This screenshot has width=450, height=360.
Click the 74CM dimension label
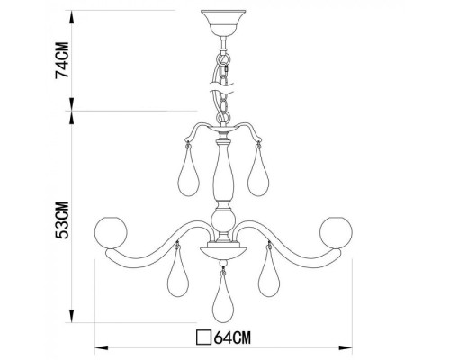click(x=61, y=60)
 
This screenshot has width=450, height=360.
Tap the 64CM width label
click(x=230, y=339)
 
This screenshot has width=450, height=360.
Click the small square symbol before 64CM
click(x=203, y=339)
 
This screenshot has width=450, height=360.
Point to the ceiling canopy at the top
click(x=221, y=19)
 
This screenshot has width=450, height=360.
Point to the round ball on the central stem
click(x=220, y=220)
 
